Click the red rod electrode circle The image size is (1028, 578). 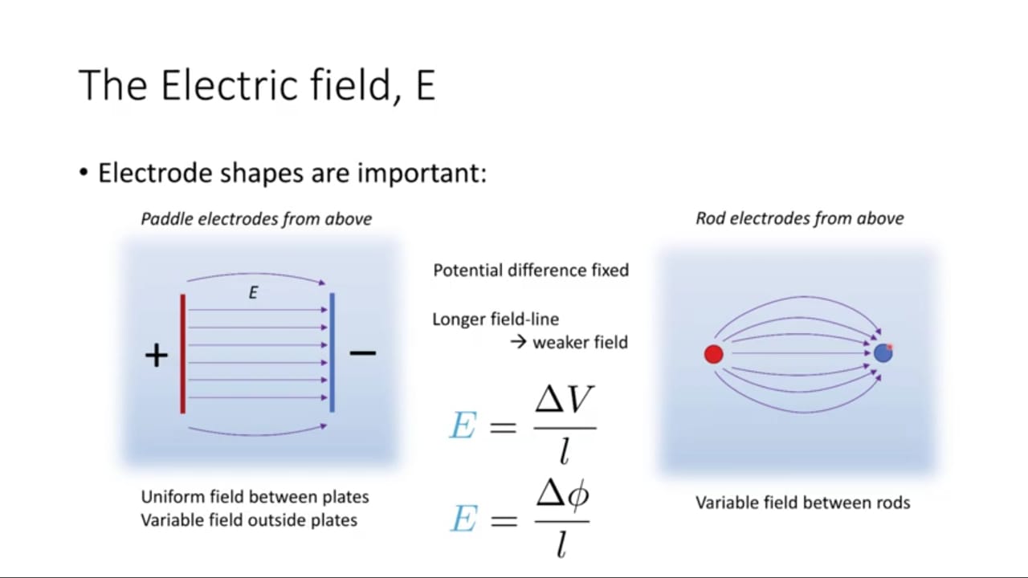tap(714, 354)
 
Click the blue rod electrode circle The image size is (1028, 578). tap(883, 353)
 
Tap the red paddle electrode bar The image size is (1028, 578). tap(182, 354)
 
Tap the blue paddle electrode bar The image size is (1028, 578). tap(332, 352)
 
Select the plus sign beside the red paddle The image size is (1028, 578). tap(157, 355)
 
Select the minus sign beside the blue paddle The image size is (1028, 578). tap(362, 352)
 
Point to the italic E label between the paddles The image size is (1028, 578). tap(253, 293)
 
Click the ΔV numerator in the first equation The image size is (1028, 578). tap(565, 400)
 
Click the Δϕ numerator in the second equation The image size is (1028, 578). tap(563, 495)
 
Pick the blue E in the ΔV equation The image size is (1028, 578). tap(462, 425)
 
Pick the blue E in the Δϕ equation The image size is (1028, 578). tap(463, 519)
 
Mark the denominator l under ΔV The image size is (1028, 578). tap(565, 450)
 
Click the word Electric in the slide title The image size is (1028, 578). tap(229, 85)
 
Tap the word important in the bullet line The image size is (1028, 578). tap(422, 173)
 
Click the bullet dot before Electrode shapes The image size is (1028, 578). tap(83, 173)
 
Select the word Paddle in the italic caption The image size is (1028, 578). tap(166, 219)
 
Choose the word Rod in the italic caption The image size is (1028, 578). tap(709, 218)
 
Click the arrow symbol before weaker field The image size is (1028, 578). tap(518, 342)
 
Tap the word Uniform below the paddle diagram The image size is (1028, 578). tap(172, 497)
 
